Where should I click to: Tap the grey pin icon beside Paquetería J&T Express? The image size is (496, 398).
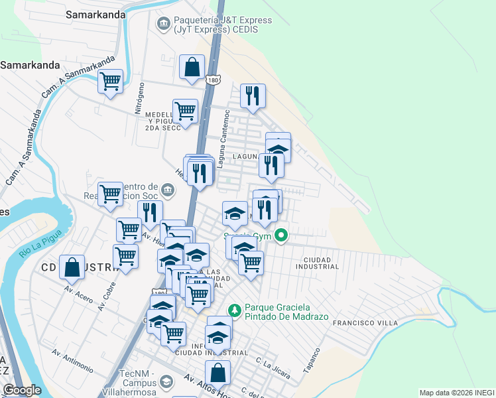163,25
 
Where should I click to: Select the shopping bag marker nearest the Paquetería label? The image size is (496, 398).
192,68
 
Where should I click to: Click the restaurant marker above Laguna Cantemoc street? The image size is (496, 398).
253,96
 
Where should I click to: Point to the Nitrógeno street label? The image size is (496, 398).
139,99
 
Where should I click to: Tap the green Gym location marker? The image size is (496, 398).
281,234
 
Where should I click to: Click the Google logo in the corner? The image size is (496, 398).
22,390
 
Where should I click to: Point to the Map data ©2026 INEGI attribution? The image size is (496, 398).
456,393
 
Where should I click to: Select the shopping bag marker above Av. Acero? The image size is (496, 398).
72,267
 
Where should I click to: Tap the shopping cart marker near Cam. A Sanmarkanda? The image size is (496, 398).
111,82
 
